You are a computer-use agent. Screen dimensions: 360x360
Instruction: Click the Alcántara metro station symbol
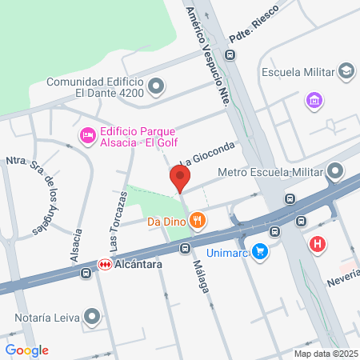click(104, 264)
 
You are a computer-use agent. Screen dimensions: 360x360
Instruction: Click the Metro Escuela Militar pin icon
click(335, 171)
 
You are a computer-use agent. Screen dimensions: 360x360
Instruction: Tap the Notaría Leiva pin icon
click(94, 317)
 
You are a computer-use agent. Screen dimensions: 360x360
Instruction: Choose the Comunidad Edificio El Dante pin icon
click(157, 86)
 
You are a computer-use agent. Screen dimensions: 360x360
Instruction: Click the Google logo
click(26, 350)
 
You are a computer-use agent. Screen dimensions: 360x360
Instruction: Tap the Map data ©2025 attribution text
click(324, 354)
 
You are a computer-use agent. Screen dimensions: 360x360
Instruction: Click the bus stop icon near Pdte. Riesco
click(230, 55)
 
